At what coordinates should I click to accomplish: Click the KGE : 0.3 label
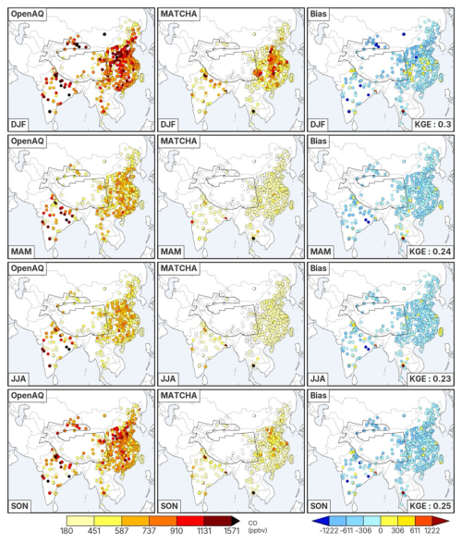pos(431,124)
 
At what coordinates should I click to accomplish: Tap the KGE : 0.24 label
pos(431,251)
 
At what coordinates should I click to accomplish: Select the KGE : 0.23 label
pos(431,378)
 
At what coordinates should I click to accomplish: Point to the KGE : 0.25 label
pos(431,506)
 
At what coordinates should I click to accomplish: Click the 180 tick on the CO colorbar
pos(67,531)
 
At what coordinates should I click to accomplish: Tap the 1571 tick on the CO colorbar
pos(232,531)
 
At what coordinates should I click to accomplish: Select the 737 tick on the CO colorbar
pos(150,531)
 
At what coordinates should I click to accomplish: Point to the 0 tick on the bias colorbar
pos(381,531)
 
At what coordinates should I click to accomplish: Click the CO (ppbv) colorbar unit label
pos(258,526)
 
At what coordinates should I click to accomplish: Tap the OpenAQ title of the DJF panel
pos(28,14)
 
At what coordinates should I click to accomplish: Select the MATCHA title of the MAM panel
pos(178,141)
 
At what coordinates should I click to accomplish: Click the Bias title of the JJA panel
pos(319,268)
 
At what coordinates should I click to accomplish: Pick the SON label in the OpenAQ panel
pos(19,506)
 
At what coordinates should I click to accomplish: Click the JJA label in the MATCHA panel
pos(168,378)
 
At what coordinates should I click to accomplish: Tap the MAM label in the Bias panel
pos(321,252)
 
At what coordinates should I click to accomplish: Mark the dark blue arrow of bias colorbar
pos(317,521)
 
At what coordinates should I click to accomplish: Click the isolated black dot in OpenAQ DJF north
pos(104,34)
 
